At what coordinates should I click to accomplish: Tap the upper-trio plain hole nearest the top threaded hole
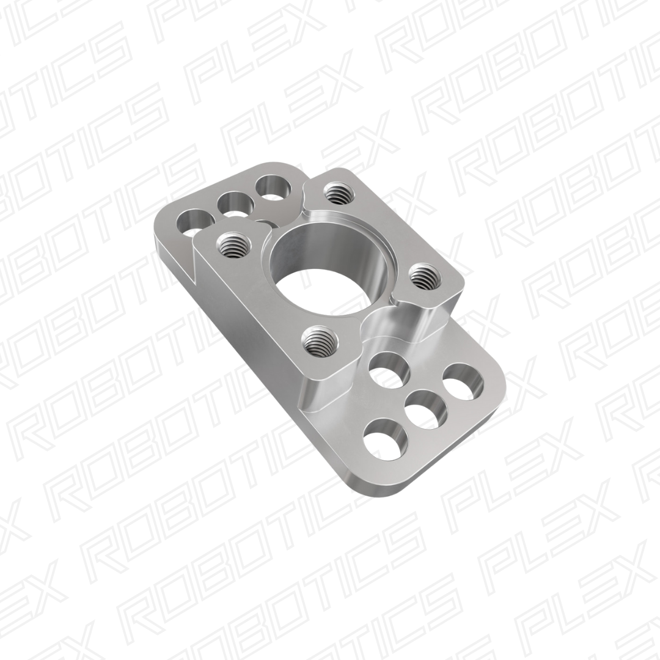(x=273, y=187)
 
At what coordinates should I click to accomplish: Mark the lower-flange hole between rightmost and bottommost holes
(x=424, y=408)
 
